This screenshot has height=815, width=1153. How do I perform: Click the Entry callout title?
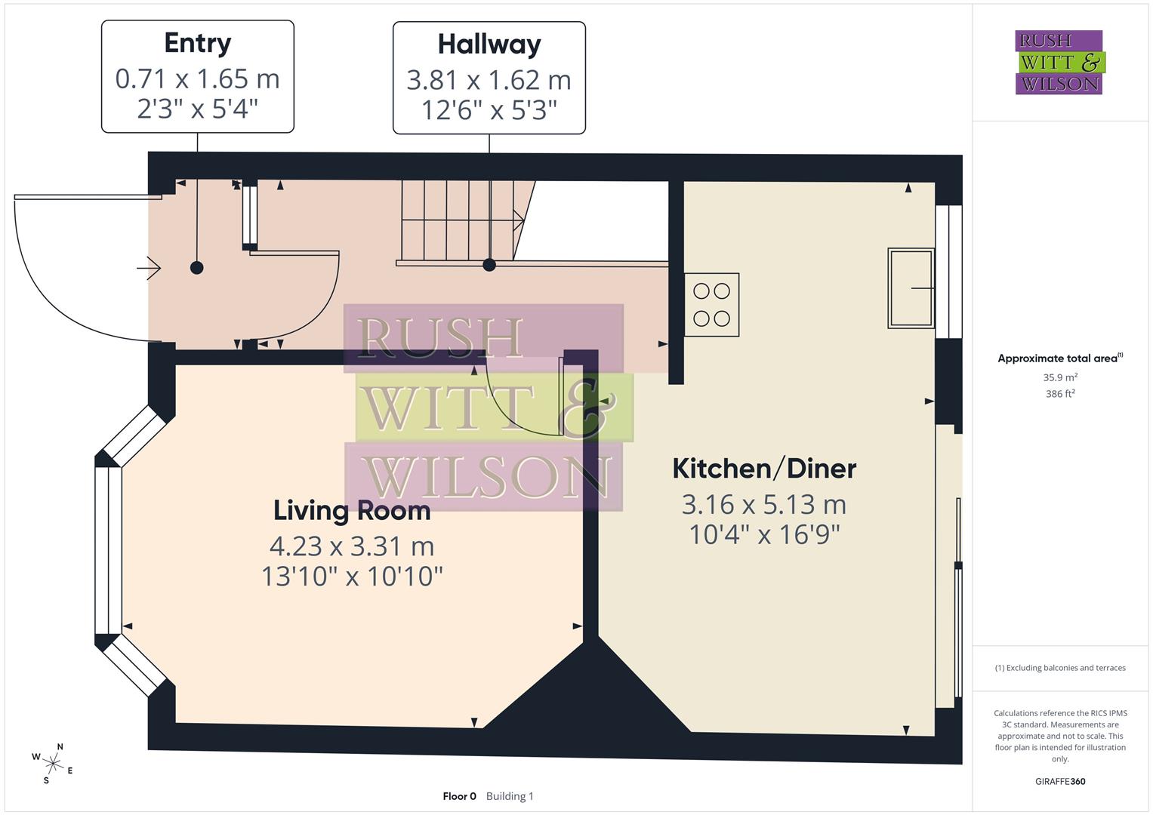tap(198, 43)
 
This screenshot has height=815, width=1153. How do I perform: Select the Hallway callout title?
tap(489, 45)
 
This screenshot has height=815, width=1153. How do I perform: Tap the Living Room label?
tap(352, 511)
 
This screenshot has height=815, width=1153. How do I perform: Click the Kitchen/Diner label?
tap(764, 469)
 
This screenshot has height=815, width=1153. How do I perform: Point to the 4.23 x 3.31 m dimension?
tap(352, 546)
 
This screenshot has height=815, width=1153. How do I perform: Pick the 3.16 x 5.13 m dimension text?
tap(764, 504)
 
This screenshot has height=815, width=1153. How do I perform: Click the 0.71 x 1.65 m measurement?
tap(198, 78)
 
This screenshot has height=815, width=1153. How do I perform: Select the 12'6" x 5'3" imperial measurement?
tap(489, 111)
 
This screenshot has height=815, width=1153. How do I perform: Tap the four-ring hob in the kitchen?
tap(711, 305)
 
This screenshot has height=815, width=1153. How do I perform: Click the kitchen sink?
tap(911, 288)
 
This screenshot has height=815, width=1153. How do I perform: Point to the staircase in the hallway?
tap(462, 220)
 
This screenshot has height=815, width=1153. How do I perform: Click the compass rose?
tap(53, 764)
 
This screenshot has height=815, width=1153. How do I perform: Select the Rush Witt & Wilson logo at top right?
tap(1059, 63)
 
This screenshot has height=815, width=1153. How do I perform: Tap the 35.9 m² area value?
tap(1060, 377)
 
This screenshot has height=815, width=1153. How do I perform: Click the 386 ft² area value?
tap(1060, 394)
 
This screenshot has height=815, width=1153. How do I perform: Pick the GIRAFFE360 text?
tap(1060, 782)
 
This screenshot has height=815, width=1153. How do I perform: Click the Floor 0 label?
tap(459, 796)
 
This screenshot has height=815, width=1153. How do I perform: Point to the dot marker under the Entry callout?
tap(197, 267)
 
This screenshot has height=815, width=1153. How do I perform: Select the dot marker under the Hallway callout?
tap(489, 265)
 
